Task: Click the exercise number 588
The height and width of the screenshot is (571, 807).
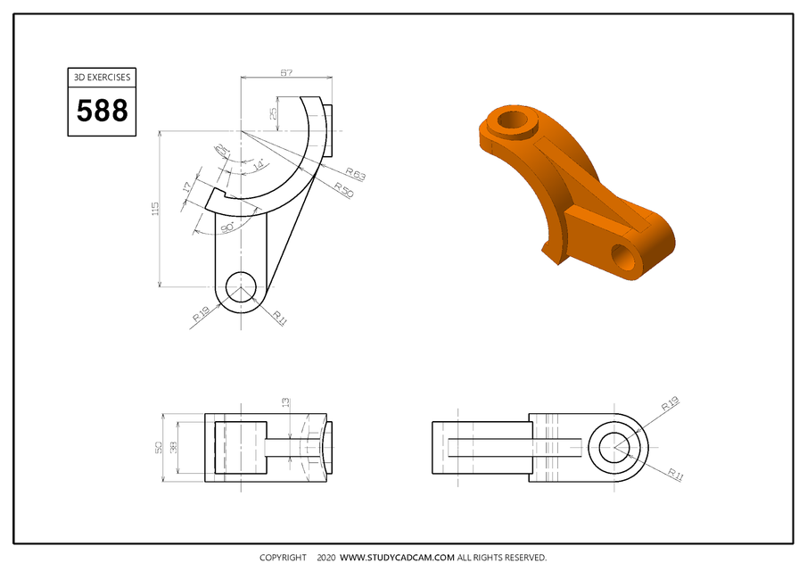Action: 102,112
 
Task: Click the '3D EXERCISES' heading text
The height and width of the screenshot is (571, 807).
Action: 102,78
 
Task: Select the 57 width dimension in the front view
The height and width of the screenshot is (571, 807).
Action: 286,72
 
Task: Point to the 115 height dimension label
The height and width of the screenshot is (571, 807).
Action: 155,209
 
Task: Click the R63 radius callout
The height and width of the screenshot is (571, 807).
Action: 356,174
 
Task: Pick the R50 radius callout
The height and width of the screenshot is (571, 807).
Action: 344,190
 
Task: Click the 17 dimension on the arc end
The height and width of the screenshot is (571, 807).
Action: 186,189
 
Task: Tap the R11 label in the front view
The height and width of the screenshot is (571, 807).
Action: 279,317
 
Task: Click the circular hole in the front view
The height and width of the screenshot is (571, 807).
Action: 241,287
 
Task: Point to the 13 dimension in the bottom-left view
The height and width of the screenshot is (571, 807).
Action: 285,403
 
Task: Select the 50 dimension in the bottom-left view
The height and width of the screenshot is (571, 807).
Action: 159,448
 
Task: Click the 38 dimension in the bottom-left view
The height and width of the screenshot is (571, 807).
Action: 174,448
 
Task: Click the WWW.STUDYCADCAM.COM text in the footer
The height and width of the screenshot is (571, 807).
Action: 398,558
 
